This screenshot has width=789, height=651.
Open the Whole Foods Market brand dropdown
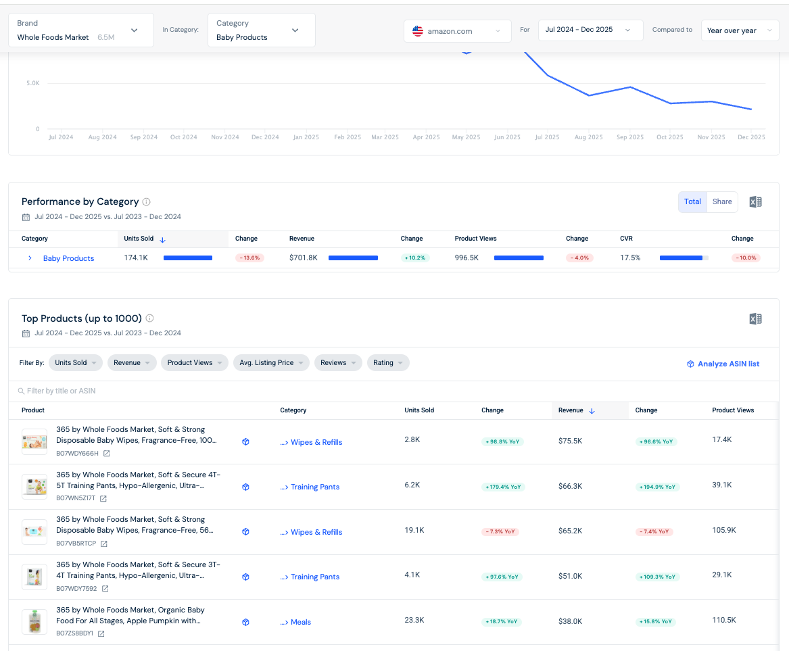pyautogui.click(x=81, y=30)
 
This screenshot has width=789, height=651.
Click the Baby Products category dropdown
pyautogui.click(x=261, y=30)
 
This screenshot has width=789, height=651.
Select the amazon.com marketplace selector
pyautogui.click(x=458, y=30)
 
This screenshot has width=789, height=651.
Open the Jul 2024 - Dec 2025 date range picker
pyautogui.click(x=590, y=30)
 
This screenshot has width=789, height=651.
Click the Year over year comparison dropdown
pyautogui.click(x=740, y=30)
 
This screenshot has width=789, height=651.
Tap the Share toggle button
pyautogui.click(x=722, y=201)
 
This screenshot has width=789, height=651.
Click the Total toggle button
pyautogui.click(x=692, y=201)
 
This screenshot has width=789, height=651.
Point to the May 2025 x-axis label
pyautogui.click(x=466, y=137)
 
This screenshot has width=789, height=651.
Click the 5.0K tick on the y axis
pyautogui.click(x=33, y=83)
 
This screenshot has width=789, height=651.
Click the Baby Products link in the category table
pyautogui.click(x=68, y=258)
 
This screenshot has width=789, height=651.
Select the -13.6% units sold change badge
pyautogui.click(x=249, y=258)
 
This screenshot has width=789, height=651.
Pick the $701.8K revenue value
pyautogui.click(x=304, y=258)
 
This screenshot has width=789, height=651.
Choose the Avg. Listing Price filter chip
pyautogui.click(x=271, y=363)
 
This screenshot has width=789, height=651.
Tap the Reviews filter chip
pyautogui.click(x=338, y=363)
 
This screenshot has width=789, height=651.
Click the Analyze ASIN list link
pyautogui.click(x=723, y=364)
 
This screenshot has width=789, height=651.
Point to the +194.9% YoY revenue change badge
pyautogui.click(x=658, y=487)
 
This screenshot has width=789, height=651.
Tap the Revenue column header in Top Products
pyautogui.click(x=571, y=410)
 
